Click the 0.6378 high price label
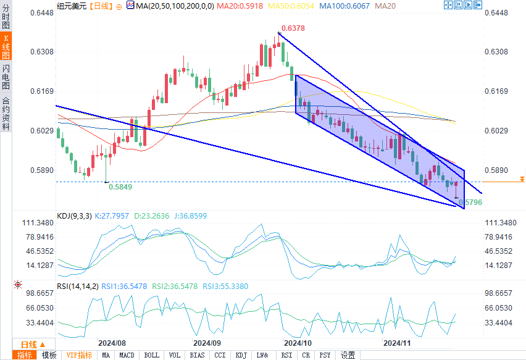point(293,28)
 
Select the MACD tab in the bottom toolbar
point(127,355)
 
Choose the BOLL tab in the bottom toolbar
point(151,355)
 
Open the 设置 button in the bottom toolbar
point(348,355)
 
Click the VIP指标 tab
point(79,355)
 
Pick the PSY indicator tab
point(325,355)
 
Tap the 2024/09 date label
point(207,342)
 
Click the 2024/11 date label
point(397,342)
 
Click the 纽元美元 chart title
point(70,6)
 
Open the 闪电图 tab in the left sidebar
point(6,77)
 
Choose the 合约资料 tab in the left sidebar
point(6,114)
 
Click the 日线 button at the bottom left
point(29,345)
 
